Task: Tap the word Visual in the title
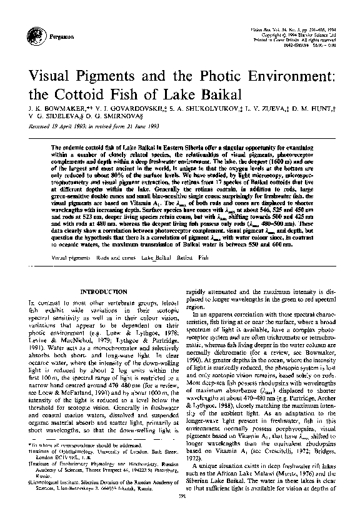[x=49, y=79]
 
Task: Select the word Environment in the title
[x=284, y=79]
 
